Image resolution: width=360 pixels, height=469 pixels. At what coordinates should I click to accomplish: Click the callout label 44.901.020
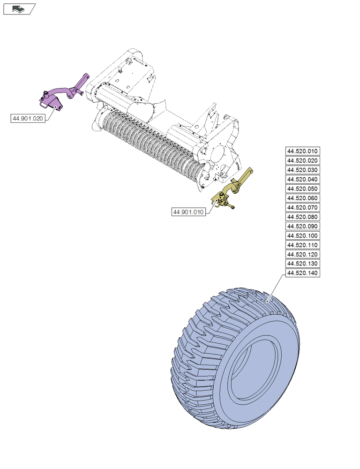pyautogui.click(x=28, y=119)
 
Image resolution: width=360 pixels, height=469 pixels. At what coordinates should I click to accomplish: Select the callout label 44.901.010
pyautogui.click(x=188, y=212)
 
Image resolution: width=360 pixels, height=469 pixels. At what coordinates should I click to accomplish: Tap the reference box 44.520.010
pyautogui.click(x=302, y=151)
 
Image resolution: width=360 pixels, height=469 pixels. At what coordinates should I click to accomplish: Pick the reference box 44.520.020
pyautogui.click(x=302, y=160)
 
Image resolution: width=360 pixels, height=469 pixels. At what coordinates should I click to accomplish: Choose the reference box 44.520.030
pyautogui.click(x=302, y=170)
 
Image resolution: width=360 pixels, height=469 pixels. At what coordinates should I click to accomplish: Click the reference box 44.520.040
pyautogui.click(x=302, y=179)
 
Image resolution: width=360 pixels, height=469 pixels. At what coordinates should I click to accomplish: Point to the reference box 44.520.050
pyautogui.click(x=302, y=189)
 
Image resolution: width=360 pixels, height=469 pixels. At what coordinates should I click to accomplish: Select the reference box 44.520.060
pyautogui.click(x=302, y=198)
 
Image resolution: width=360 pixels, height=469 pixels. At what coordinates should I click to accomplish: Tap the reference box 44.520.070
pyautogui.click(x=302, y=207)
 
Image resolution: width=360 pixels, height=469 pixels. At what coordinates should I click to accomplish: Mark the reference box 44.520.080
pyautogui.click(x=302, y=217)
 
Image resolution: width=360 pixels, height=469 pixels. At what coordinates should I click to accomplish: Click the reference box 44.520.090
pyautogui.click(x=302, y=226)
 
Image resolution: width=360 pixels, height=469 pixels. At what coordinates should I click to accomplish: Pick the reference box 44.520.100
pyautogui.click(x=302, y=235)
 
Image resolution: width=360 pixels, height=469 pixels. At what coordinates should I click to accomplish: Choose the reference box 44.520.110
pyautogui.click(x=302, y=245)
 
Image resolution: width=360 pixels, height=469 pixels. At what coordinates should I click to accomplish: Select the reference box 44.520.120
pyautogui.click(x=302, y=254)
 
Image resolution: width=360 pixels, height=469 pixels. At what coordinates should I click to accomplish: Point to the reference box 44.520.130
pyautogui.click(x=302, y=264)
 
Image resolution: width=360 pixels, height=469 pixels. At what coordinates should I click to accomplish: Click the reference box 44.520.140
pyautogui.click(x=302, y=273)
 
